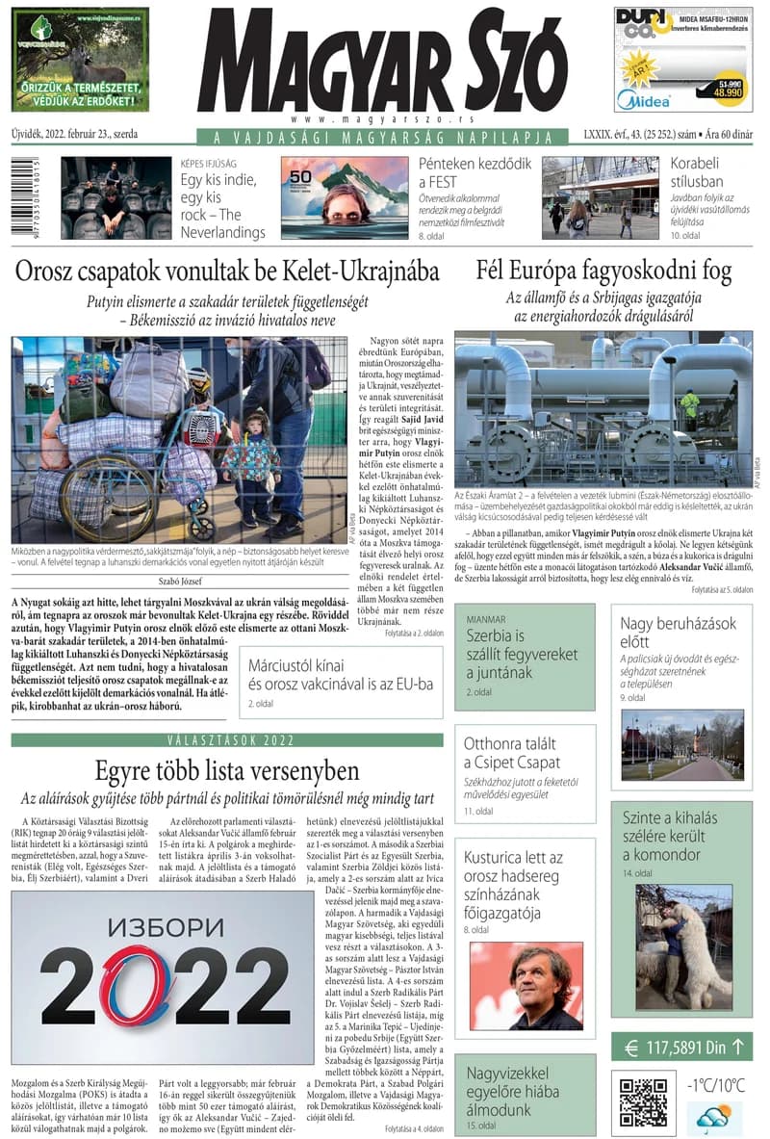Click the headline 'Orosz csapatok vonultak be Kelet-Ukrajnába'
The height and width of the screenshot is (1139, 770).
[x=227, y=271]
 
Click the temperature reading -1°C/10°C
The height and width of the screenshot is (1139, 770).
[x=715, y=1085]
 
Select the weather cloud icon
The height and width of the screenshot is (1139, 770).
[x=715, y=1117]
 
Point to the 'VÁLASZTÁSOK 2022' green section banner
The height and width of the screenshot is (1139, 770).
[x=227, y=739]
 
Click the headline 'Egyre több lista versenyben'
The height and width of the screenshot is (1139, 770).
[x=227, y=770]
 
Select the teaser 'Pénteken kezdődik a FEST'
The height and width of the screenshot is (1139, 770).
[x=475, y=172]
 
